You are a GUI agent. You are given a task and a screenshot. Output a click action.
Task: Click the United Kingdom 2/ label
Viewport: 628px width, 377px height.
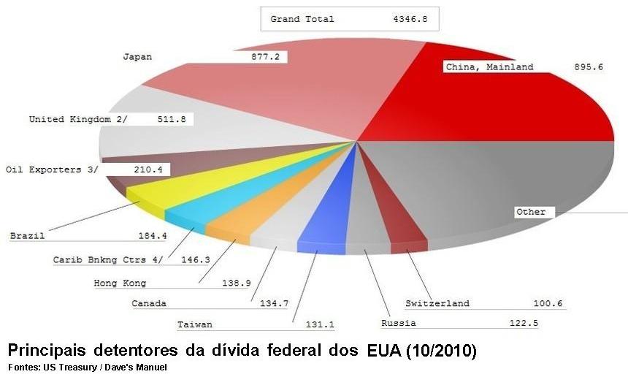click(77, 119)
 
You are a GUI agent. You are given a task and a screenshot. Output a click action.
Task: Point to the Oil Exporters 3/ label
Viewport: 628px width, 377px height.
click(51, 170)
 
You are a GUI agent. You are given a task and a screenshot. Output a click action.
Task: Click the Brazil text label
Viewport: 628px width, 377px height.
click(27, 236)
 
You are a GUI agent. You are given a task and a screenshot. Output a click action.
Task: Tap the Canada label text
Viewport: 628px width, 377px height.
click(148, 303)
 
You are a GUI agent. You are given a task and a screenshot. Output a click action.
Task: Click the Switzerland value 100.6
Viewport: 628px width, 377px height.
click(548, 303)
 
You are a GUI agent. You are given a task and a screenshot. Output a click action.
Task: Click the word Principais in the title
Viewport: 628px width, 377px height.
click(45, 351)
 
